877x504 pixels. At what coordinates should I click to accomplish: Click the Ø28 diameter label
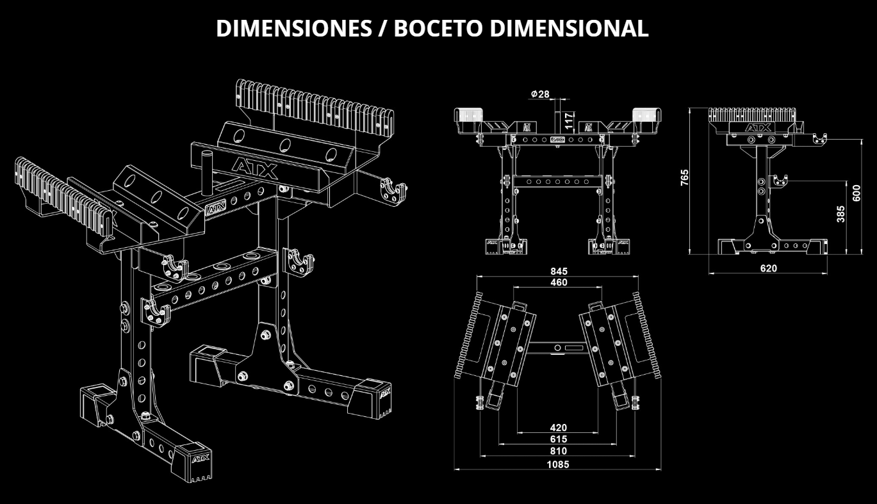540,94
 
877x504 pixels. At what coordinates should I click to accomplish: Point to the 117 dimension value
568,120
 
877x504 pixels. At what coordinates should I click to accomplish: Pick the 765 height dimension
685,177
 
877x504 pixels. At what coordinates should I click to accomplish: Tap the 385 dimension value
841,213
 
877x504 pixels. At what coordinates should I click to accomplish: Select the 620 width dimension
768,268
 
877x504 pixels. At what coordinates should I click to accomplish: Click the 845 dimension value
558,272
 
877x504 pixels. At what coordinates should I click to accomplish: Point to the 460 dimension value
558,282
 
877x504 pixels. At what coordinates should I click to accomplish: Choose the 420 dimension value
558,427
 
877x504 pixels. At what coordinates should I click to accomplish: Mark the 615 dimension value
558,439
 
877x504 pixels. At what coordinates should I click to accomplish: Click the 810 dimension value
558,451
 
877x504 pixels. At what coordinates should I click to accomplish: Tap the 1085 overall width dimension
558,464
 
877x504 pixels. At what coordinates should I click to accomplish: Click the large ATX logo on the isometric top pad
254,168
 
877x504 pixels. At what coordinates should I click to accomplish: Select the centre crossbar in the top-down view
558,348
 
